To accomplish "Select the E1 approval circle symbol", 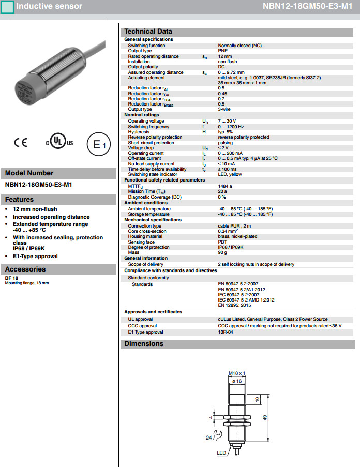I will (98, 145).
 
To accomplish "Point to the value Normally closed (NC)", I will (239, 46).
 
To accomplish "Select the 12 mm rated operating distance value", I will (225, 56).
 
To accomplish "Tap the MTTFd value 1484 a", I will (225, 186).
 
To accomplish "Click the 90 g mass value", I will (223, 252).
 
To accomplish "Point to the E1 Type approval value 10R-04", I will (226, 332).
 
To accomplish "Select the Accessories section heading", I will (25, 269).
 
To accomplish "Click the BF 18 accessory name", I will (11, 278).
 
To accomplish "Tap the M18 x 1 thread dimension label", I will (236, 373).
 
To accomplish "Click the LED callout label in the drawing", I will (221, 453).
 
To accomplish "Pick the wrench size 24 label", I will (209, 438).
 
